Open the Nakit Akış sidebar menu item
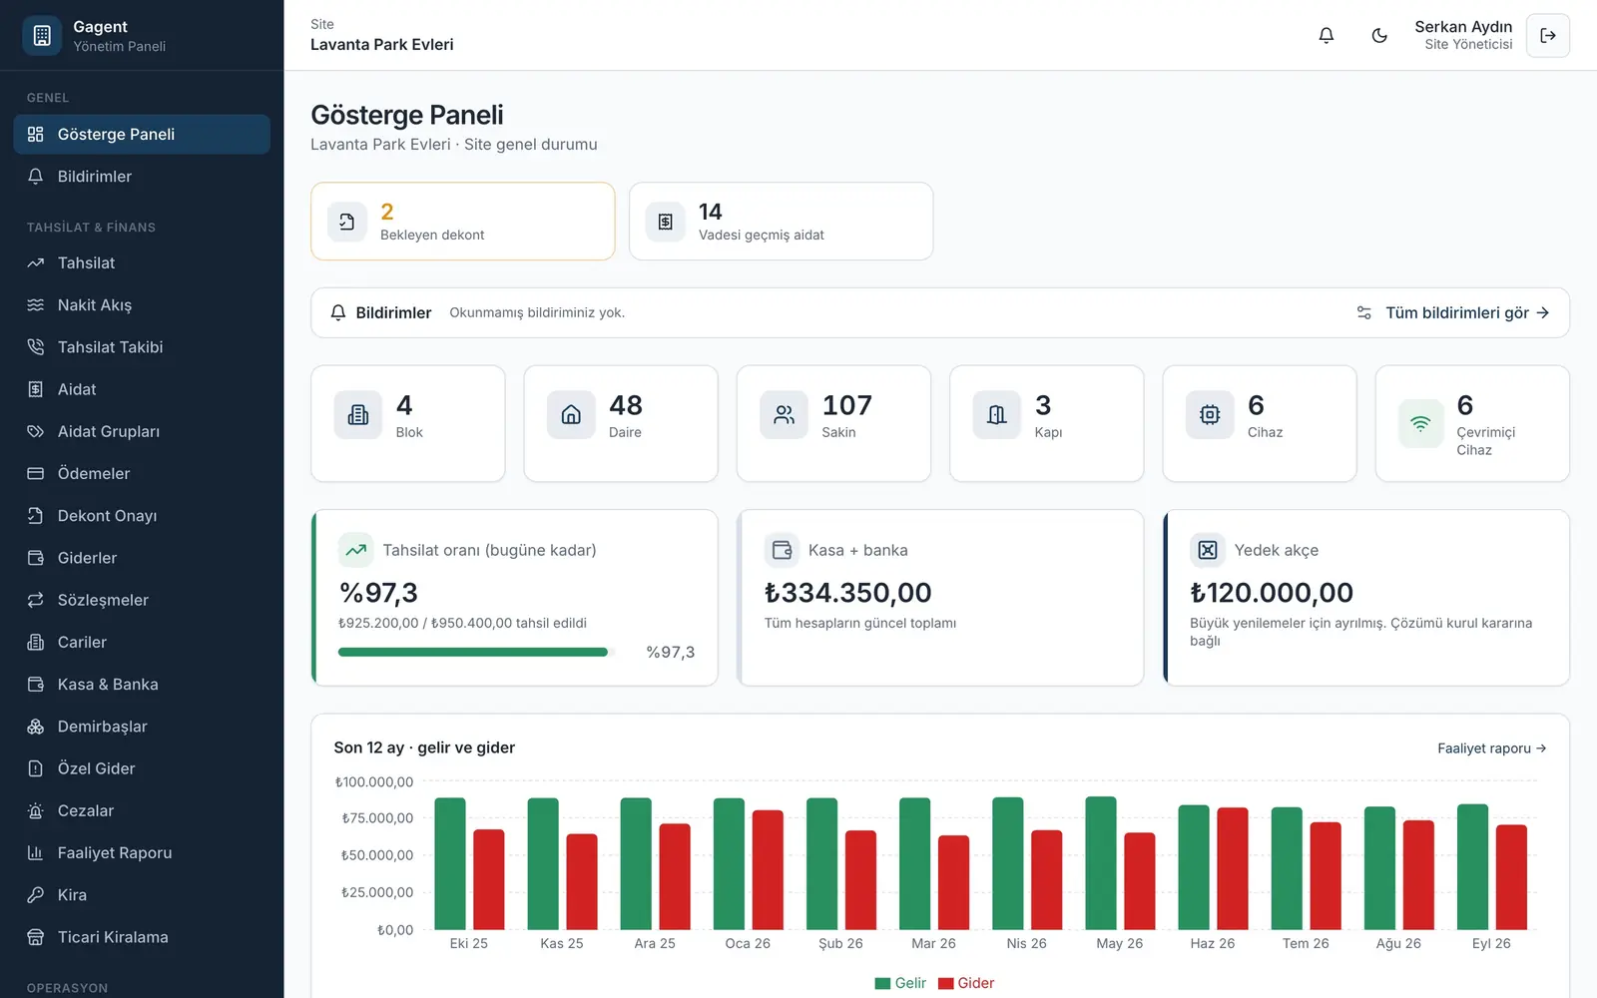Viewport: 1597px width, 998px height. [x=94, y=305]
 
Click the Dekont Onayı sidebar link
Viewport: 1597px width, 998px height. [x=107, y=515]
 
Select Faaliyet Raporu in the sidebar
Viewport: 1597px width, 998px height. [x=114, y=852]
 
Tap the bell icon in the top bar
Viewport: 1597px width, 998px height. [x=1327, y=35]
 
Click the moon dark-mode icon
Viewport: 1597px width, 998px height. [x=1379, y=35]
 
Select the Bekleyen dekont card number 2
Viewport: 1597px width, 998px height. [x=387, y=212]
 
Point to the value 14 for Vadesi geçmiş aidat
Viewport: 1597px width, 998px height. [x=710, y=212]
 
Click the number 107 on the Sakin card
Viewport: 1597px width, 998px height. [x=847, y=405]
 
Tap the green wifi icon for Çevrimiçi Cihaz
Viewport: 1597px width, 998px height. [x=1421, y=424]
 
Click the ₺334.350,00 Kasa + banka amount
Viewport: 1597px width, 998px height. [x=847, y=593]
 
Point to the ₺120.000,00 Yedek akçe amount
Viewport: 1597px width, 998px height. [x=1272, y=593]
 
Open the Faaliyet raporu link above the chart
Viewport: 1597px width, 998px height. [x=1491, y=748]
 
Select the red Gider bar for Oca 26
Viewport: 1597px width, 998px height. [x=768, y=869]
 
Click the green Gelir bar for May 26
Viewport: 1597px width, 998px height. [x=1101, y=863]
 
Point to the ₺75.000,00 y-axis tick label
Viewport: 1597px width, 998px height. [x=377, y=818]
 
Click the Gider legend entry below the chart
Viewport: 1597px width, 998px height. [x=966, y=983]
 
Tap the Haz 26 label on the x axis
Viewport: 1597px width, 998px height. [x=1212, y=943]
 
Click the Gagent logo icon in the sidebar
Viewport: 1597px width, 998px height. [x=42, y=35]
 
